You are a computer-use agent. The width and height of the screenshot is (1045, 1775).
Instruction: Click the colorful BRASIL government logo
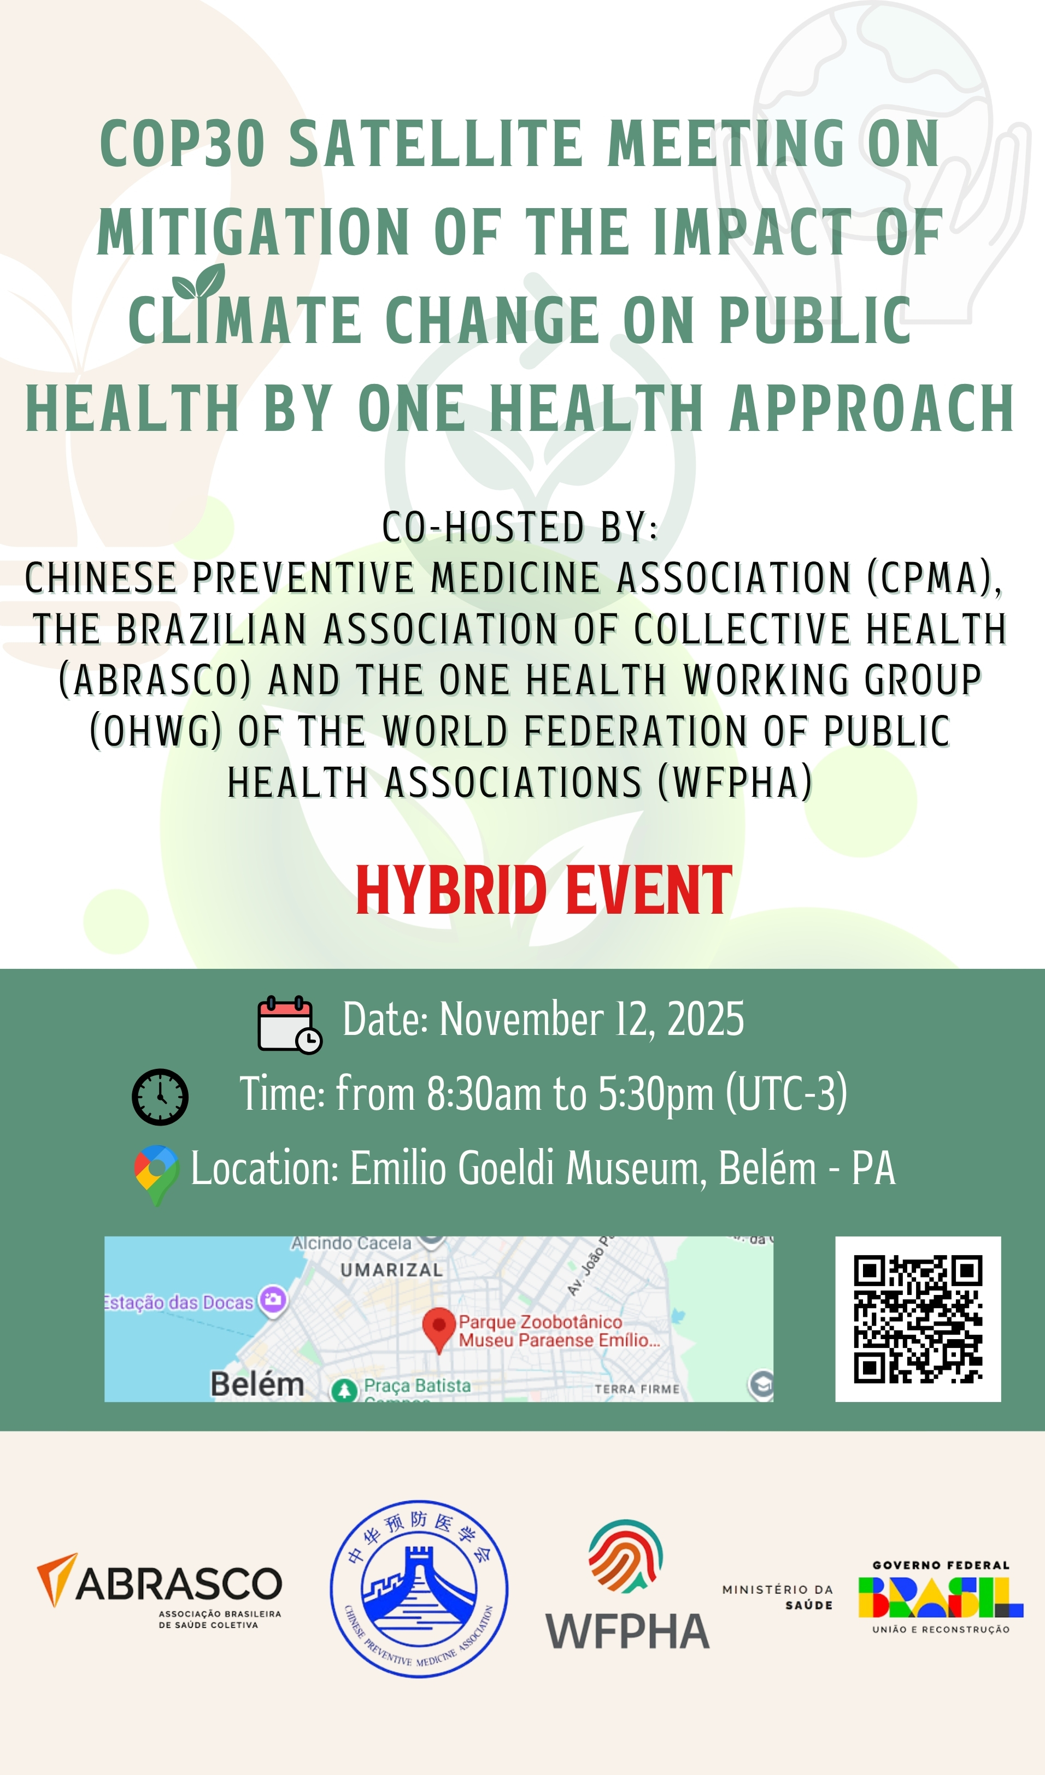click(940, 1597)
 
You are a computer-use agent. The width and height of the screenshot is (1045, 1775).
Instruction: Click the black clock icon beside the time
click(160, 1097)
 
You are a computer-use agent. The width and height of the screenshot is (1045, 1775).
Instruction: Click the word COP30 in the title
click(183, 144)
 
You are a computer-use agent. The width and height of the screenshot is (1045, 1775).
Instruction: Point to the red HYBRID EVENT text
click(544, 891)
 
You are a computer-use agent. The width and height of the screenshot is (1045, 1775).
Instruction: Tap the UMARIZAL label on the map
click(391, 1270)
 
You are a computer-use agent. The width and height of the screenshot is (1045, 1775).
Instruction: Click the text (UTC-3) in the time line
click(786, 1094)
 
